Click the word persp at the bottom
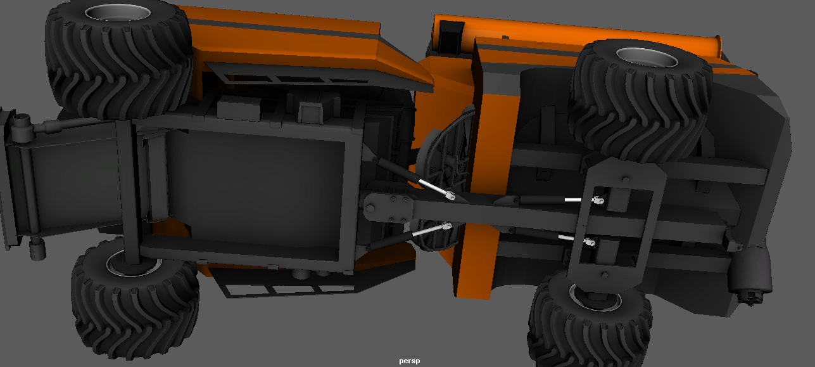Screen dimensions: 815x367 click(409, 361)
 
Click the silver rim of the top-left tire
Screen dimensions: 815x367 click(118, 13)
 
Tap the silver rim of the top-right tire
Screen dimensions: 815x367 click(647, 57)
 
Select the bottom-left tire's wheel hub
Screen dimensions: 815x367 click(134, 263)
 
